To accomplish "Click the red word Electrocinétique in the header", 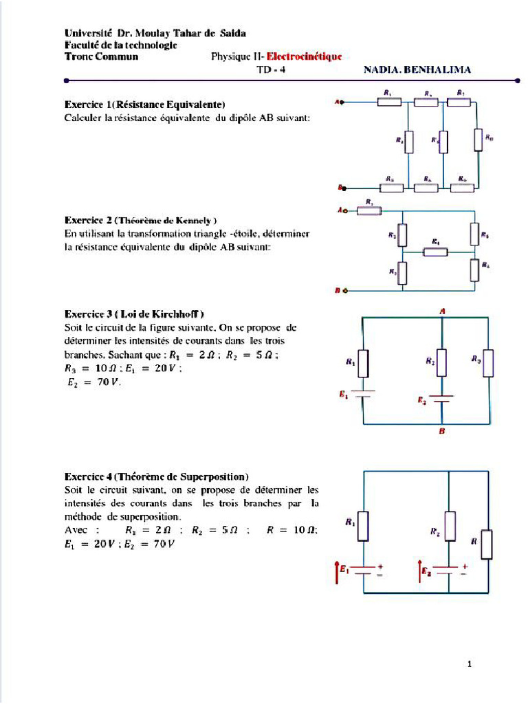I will (303, 57).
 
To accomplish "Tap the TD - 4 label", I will (270, 69).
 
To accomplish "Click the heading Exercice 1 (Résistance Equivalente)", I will (145, 105).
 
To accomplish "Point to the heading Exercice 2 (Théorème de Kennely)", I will (141, 221).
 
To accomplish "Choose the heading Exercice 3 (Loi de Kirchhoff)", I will (134, 314).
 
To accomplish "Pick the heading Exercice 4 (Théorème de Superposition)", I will (157, 476).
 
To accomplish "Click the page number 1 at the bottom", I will (469, 664).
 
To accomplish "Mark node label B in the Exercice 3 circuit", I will (442, 431).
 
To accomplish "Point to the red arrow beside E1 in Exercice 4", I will (335, 571).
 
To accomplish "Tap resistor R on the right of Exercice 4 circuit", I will (487, 544).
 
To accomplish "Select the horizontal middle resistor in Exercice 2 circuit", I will (436, 252).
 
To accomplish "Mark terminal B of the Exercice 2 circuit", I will (344, 291).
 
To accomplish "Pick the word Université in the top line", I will (89, 33).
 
